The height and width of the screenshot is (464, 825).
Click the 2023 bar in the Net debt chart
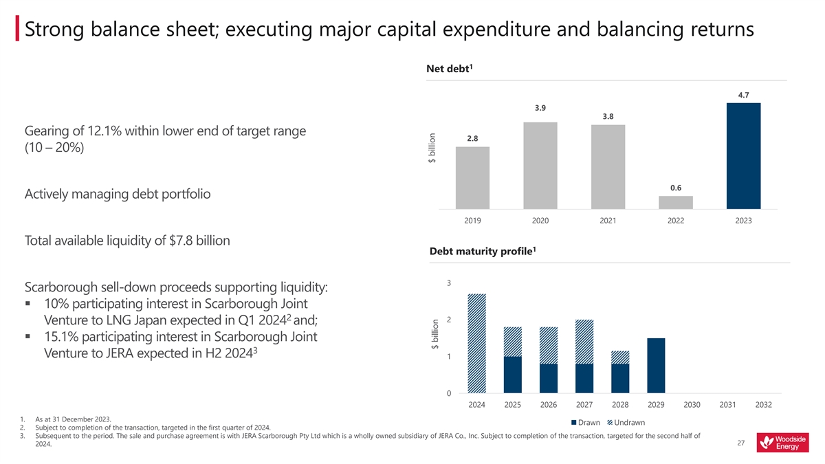click(743, 156)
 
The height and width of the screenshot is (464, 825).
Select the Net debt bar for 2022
click(676, 202)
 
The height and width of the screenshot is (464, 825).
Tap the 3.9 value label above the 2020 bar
click(540, 108)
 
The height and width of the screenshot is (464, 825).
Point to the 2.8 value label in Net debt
click(472, 138)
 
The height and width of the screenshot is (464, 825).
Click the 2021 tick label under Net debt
click(608, 221)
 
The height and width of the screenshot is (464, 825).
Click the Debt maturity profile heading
click(482, 251)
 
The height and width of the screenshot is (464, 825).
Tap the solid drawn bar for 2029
click(656, 366)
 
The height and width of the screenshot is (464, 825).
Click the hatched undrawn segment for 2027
click(584, 342)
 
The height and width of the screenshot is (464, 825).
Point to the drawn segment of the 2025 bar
click(513, 375)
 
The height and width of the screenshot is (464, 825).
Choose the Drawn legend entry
click(585, 422)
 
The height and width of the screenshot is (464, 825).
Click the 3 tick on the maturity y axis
click(448, 283)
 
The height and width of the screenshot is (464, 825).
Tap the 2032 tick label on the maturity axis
click(763, 405)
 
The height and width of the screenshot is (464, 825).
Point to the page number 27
click(740, 443)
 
